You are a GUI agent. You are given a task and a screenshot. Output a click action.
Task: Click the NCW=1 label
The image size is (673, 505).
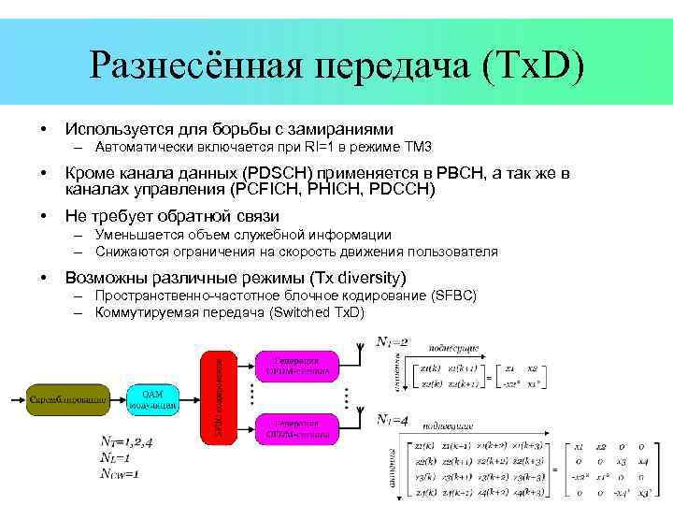119,474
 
